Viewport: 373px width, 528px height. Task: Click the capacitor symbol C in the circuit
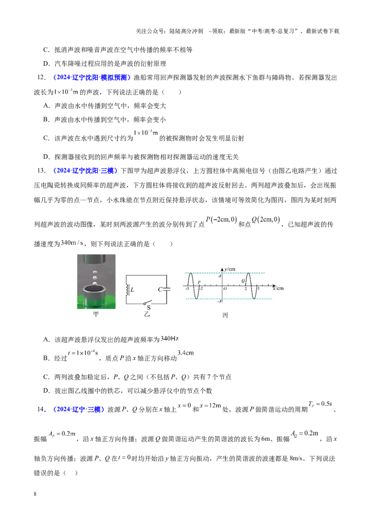(166, 289)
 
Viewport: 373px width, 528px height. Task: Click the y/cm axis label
(230, 269)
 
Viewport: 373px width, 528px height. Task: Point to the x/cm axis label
(278, 288)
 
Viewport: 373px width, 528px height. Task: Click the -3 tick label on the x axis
(187, 289)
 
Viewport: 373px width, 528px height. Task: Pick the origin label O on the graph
(225, 289)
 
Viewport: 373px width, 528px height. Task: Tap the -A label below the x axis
(219, 301)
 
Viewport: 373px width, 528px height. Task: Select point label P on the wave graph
(199, 283)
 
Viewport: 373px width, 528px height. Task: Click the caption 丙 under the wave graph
(225, 315)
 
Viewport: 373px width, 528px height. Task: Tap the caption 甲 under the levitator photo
(96, 314)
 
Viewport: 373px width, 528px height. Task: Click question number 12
(41, 77)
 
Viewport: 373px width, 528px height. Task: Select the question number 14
(41, 410)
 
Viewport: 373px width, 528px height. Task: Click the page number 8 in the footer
(35, 494)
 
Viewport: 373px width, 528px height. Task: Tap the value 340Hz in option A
(170, 339)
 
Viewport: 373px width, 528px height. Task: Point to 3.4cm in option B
(186, 353)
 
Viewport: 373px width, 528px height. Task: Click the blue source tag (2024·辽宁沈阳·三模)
(85, 171)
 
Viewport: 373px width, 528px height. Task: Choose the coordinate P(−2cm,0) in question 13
(221, 220)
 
